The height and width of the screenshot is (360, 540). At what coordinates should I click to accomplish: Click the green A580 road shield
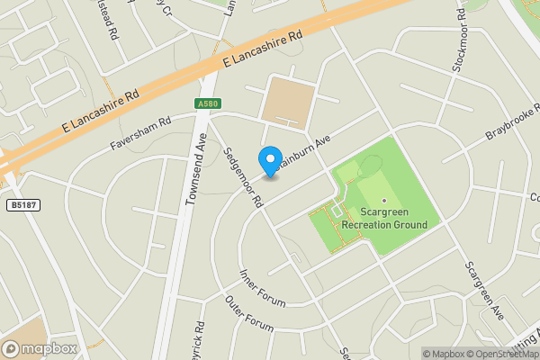click(x=206, y=104)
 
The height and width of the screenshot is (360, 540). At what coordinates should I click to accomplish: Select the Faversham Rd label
click(x=139, y=132)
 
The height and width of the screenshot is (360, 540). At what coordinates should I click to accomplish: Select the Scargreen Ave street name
click(x=483, y=291)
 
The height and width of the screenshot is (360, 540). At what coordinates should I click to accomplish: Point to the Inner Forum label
click(x=262, y=287)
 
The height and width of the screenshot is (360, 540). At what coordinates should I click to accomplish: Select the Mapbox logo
click(x=40, y=348)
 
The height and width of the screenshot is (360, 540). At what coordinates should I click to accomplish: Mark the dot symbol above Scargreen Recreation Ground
click(x=384, y=201)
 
